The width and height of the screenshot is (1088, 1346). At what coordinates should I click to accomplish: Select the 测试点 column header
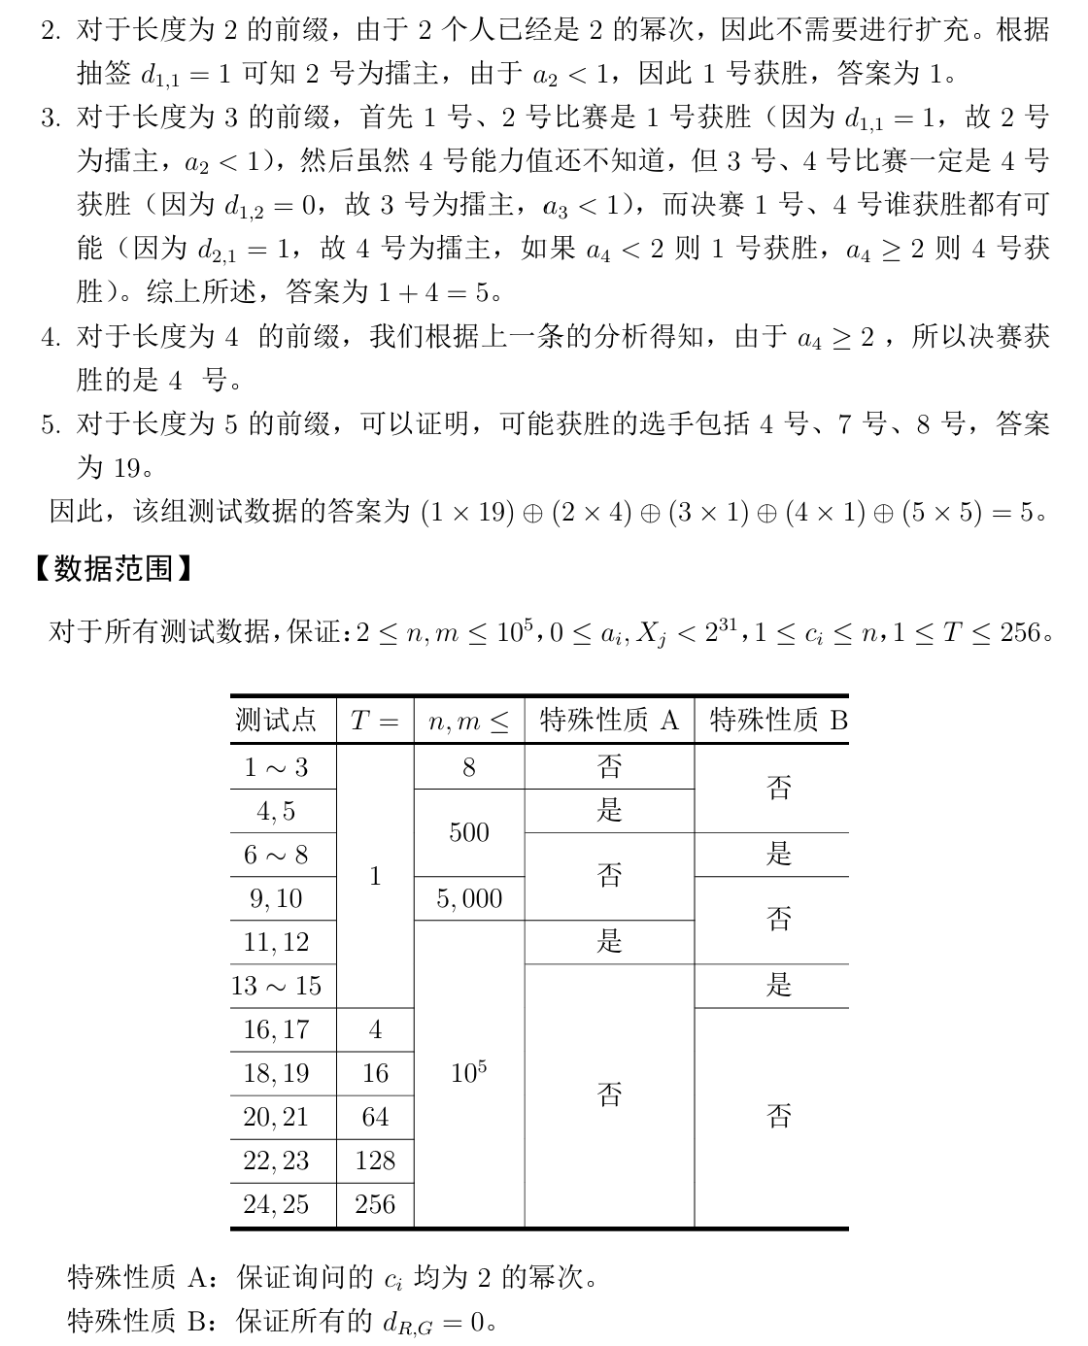(276, 720)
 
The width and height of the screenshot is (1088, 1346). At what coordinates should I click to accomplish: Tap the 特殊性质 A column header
(609, 720)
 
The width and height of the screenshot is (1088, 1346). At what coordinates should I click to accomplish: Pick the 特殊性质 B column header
(778, 720)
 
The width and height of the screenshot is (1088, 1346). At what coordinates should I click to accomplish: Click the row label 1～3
(276, 767)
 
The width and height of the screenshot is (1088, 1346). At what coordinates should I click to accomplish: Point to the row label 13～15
(276, 986)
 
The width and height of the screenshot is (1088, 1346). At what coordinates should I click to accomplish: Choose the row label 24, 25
(276, 1204)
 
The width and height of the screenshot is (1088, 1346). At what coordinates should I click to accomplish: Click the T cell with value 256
(375, 1204)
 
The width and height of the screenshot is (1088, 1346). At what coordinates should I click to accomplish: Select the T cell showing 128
(375, 1161)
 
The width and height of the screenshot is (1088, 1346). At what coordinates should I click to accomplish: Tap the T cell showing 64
(375, 1117)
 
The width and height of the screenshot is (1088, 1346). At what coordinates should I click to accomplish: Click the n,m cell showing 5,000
(469, 898)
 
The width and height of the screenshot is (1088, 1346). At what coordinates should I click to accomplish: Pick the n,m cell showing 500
(469, 832)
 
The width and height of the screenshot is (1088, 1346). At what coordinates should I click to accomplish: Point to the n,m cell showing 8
(469, 767)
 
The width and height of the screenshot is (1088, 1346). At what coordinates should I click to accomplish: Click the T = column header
(375, 720)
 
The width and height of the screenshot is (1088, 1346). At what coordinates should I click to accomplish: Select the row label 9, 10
(276, 898)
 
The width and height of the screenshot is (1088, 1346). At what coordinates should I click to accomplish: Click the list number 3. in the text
(51, 118)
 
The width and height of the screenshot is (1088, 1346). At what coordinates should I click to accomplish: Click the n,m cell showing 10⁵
(469, 1073)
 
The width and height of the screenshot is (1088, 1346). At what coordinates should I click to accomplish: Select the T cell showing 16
(375, 1073)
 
